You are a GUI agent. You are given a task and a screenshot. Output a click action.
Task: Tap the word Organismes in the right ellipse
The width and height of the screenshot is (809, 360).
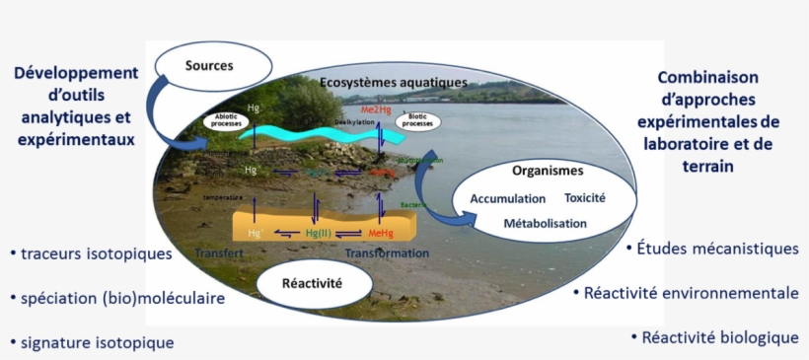click(x=536, y=170)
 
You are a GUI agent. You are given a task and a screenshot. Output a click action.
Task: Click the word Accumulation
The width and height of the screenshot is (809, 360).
click(x=508, y=198)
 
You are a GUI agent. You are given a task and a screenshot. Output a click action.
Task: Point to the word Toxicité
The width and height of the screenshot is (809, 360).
click(x=585, y=197)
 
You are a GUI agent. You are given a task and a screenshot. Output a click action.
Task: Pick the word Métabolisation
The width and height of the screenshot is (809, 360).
click(x=545, y=224)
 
